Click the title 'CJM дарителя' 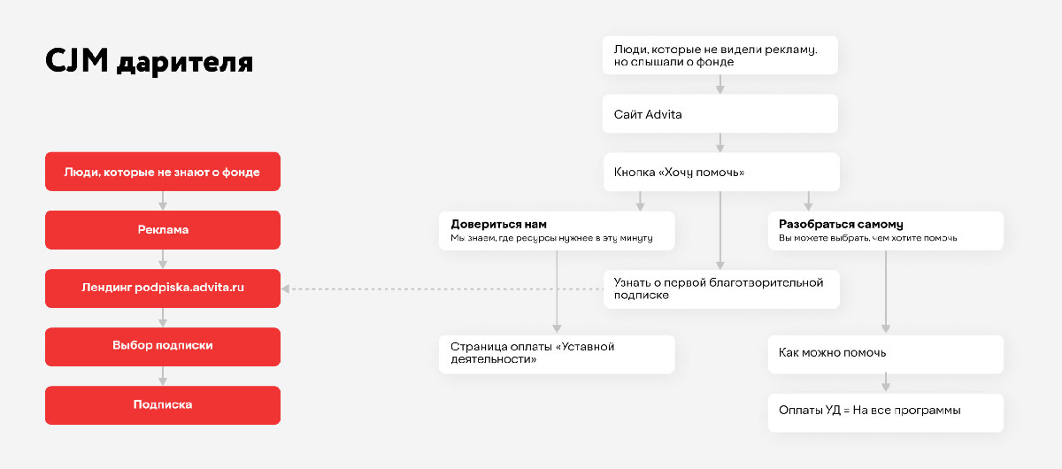pos(149,62)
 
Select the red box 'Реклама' pos(163,230)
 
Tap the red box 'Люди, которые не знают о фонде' pos(163,172)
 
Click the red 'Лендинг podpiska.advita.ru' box pos(163,288)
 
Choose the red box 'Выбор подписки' pos(163,347)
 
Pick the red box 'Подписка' pos(163,405)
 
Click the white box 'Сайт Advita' pos(720,114)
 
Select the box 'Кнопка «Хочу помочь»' pos(721,173)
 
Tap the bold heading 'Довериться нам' pos(498,224)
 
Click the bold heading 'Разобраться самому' pos(841,224)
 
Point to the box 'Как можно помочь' pos(886,354)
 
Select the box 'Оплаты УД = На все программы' pos(886,412)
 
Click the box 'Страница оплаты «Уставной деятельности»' pos(557,354)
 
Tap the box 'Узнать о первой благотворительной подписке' pos(721,289)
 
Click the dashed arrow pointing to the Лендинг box pos(442,288)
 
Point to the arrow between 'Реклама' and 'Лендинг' pos(163,259)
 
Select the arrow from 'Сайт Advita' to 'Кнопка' pos(720,142)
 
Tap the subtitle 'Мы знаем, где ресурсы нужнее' pos(551,238)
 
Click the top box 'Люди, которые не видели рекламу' pos(720,55)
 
